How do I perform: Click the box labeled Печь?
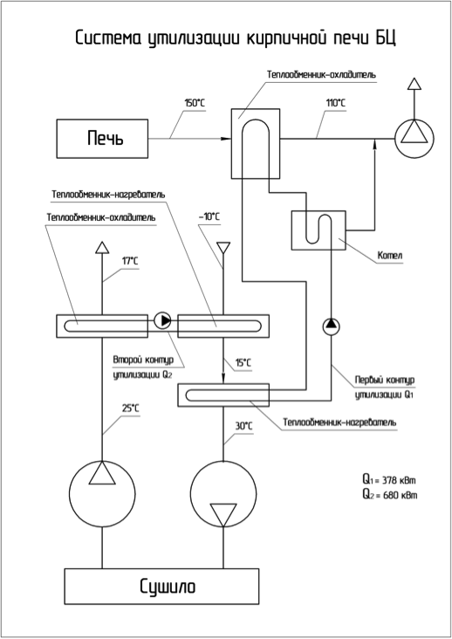point(102,139)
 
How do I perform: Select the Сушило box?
point(161,586)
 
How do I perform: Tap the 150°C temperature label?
point(195,103)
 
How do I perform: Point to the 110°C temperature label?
point(336,103)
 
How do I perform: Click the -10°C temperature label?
point(209,216)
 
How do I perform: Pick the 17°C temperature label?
point(130,261)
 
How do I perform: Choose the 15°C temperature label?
point(243,362)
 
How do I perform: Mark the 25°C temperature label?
point(130,408)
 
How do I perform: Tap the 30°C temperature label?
point(243,426)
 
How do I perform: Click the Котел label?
point(390,256)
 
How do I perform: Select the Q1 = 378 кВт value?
point(390,479)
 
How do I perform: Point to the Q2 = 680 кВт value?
point(390,495)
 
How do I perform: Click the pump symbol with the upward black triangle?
point(331,326)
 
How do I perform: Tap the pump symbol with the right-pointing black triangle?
point(162,320)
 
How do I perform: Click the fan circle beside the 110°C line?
point(414,139)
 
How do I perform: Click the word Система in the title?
point(109,38)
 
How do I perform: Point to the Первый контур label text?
point(385,380)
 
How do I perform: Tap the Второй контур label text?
point(143,361)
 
